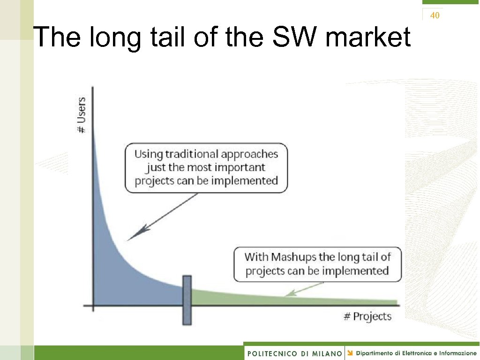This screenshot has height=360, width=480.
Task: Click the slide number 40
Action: click(x=435, y=15)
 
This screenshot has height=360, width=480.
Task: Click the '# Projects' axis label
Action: click(x=367, y=316)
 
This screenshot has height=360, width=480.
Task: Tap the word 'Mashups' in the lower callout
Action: click(x=293, y=257)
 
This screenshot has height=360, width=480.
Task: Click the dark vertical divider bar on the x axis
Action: click(x=187, y=300)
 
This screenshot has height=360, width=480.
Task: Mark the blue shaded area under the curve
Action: click(x=122, y=272)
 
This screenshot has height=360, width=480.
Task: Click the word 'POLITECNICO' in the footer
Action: click(x=272, y=353)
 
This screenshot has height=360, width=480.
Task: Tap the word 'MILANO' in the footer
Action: click(x=326, y=353)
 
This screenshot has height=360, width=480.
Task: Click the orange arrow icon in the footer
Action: click(x=350, y=352)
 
